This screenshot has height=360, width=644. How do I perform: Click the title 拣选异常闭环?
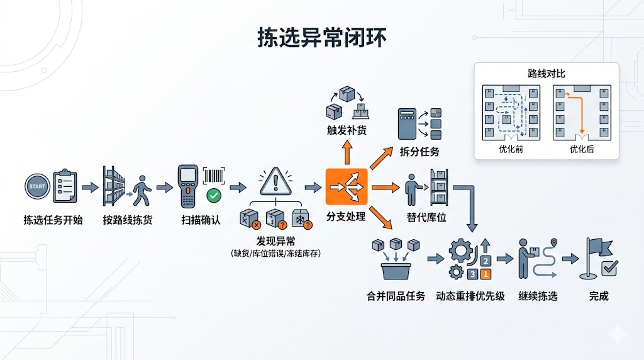pyautogui.click(x=321, y=38)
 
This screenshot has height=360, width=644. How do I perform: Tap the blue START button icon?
pyautogui.click(x=36, y=187)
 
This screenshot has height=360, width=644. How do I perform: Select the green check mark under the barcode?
pyautogui.click(x=214, y=195)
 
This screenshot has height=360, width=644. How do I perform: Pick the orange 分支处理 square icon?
pyautogui.click(x=345, y=187)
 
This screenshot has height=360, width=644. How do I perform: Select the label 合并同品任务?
pyautogui.click(x=396, y=296)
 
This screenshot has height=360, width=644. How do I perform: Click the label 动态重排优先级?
pyautogui.click(x=470, y=296)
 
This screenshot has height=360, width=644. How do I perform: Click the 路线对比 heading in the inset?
pyautogui.click(x=546, y=74)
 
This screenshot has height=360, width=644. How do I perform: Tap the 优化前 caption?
pyautogui.click(x=511, y=149)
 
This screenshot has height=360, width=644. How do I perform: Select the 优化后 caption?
pyautogui.click(x=581, y=149)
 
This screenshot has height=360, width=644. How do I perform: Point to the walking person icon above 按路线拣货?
pyautogui.click(x=142, y=187)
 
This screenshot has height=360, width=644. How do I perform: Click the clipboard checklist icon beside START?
pyautogui.click(x=65, y=186)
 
